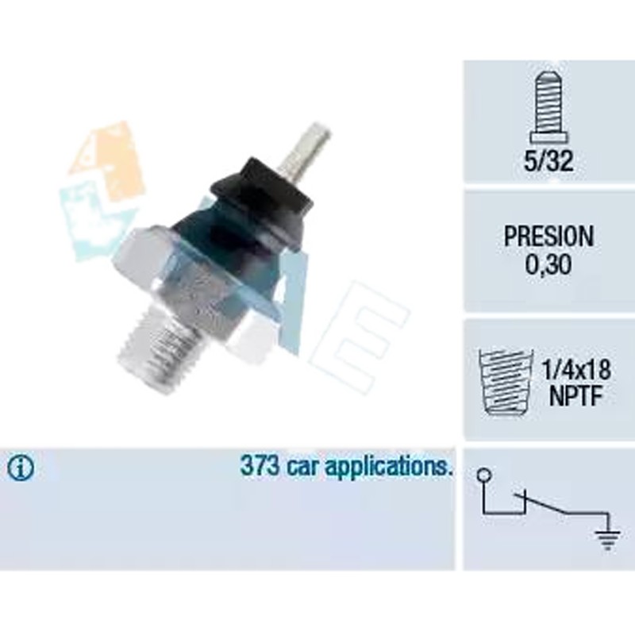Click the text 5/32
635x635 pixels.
[548, 161]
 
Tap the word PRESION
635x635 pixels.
[548, 236]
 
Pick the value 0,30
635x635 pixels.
[548, 264]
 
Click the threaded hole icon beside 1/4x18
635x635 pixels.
[505, 382]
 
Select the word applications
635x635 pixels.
[389, 468]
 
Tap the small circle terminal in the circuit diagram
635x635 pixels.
[484, 474]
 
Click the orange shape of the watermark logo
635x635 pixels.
[107, 162]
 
